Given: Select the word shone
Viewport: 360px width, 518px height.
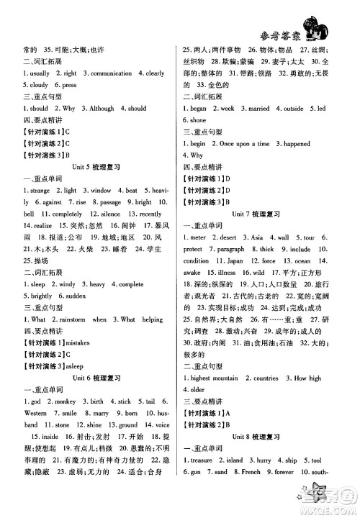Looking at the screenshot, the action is pos(197,120).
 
